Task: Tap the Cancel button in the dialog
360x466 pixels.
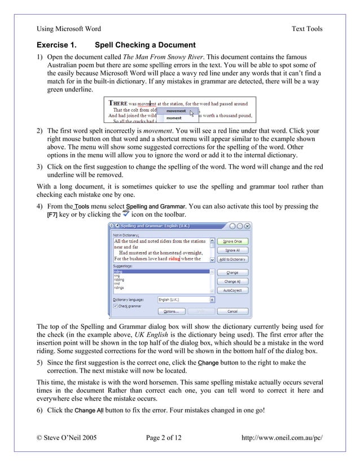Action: click(x=232, y=311)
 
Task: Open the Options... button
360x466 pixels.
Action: click(x=171, y=311)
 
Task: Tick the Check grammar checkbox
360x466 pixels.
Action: click(x=116, y=306)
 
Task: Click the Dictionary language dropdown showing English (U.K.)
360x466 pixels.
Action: click(x=184, y=300)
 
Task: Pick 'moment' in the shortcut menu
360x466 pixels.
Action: click(x=173, y=118)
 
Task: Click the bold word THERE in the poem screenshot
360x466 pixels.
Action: click(x=118, y=104)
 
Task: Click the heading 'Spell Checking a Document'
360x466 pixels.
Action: click(x=145, y=45)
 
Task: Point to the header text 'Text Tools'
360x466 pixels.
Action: click(x=306, y=29)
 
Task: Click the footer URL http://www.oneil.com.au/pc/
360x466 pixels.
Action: click(x=282, y=437)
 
